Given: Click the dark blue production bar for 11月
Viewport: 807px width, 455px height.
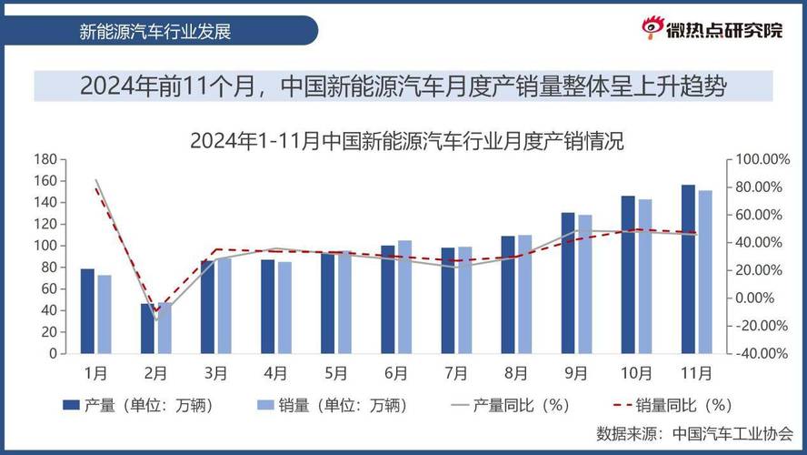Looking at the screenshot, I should point(688,269).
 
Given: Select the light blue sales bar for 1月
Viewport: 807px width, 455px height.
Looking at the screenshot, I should point(105,314).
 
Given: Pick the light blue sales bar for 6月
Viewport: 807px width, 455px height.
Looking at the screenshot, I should point(404,297).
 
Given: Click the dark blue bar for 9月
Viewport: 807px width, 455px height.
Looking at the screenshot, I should point(568,283).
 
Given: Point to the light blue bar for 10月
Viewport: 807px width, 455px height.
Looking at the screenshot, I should point(645,277).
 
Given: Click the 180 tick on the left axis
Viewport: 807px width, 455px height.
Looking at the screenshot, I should point(45,159).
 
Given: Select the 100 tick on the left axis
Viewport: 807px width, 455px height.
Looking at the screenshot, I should point(45,246).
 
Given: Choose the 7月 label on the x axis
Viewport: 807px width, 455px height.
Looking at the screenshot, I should point(455,373).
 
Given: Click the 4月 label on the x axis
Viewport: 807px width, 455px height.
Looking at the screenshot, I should point(275,373).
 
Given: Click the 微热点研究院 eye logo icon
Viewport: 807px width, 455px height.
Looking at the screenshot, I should point(653,29).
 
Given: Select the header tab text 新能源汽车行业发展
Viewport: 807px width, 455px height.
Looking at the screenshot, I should point(155,31).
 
